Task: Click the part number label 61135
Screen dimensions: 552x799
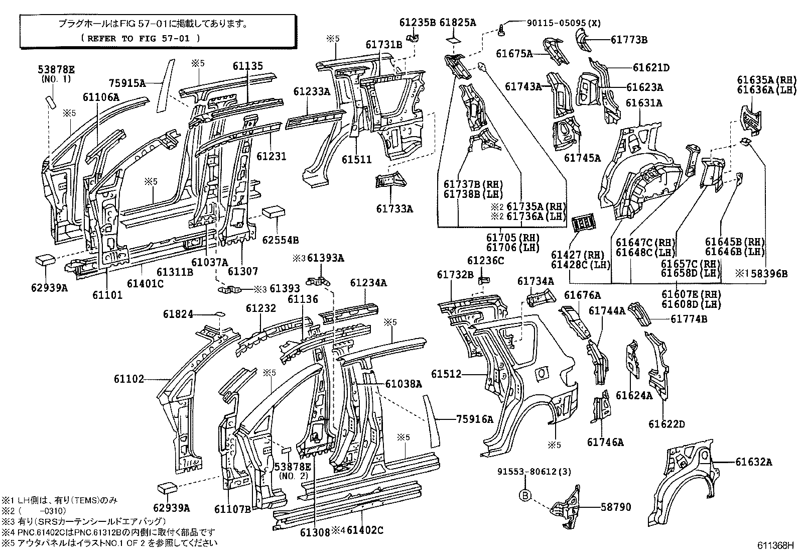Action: [247, 66]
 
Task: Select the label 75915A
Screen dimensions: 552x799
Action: [127, 83]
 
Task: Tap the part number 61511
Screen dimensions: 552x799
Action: [357, 160]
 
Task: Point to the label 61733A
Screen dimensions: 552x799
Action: [394, 208]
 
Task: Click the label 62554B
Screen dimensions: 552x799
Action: [281, 240]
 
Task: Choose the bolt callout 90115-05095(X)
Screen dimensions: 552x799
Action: [564, 23]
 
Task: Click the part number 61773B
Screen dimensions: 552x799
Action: [629, 40]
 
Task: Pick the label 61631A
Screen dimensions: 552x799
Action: [644, 103]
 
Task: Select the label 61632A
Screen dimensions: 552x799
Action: [753, 462]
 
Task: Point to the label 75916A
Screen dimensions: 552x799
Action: [475, 419]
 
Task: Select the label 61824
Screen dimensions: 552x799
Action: [178, 314]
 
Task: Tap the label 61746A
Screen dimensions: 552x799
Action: [605, 442]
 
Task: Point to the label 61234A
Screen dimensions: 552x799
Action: [368, 283]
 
